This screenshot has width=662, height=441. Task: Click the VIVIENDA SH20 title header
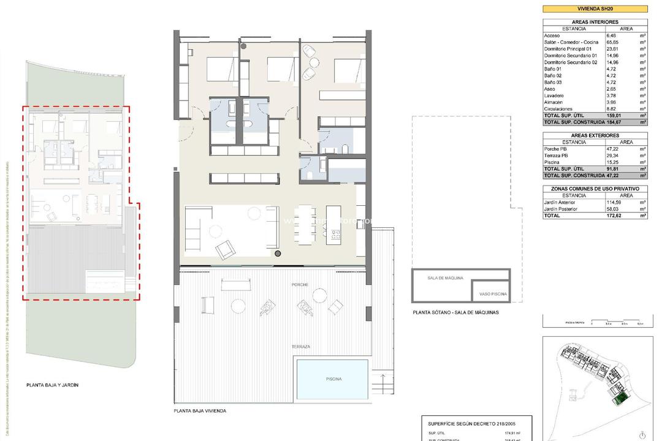(x=595, y=9)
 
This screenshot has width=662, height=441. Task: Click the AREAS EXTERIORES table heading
(x=595, y=135)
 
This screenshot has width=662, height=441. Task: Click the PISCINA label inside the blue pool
(x=333, y=379)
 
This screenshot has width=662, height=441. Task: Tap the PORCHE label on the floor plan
(x=300, y=285)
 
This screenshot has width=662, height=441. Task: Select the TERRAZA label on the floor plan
(x=300, y=347)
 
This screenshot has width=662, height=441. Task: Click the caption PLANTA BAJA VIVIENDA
(x=200, y=411)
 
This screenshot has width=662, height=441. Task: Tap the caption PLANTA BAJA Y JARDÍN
(x=53, y=385)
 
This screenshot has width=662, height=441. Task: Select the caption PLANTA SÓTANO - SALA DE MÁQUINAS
(x=456, y=312)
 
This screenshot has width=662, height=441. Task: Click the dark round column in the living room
(x=278, y=253)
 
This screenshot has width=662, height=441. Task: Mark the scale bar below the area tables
(x=595, y=323)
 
